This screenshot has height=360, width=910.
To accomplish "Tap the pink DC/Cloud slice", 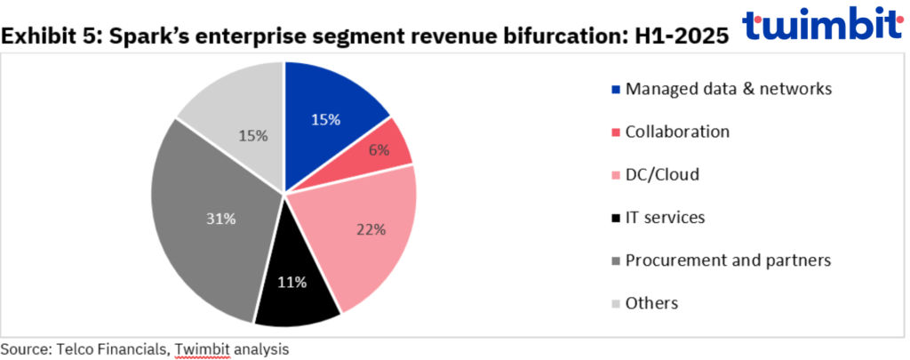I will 360,236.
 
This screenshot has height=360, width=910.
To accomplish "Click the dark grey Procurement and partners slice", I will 209,222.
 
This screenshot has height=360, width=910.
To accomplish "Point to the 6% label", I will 379,150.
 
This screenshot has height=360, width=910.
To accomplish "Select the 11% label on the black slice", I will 292,283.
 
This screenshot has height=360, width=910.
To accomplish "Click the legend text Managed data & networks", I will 729,89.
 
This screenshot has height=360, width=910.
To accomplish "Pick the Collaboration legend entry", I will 677,132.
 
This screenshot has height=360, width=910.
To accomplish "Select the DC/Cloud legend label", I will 662,174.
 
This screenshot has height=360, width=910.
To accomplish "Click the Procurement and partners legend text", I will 728,260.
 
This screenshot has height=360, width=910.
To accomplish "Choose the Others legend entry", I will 651,303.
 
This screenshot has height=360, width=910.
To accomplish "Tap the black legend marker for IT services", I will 616,218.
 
